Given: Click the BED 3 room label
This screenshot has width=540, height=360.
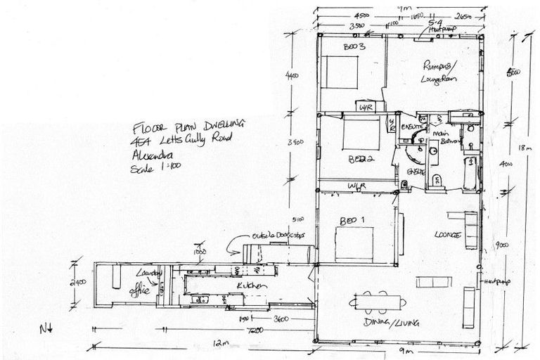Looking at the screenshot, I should pyautogui.click(x=352, y=47).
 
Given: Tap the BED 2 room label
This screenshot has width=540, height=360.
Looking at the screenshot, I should pyautogui.click(x=359, y=159).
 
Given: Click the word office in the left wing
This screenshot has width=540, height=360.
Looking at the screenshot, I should pyautogui.click(x=140, y=288).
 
